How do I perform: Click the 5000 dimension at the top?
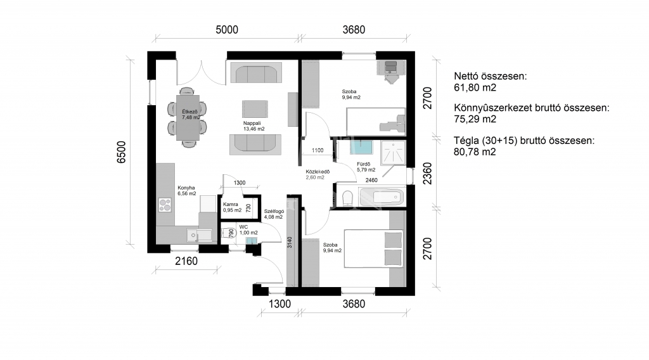pos(227,30)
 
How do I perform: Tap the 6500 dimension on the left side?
pos(121,152)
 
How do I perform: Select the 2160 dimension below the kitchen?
pos(186,261)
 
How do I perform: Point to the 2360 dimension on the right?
pos(428,174)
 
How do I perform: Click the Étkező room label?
pos(190,112)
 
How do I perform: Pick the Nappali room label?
pos(252,124)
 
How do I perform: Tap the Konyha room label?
pos(186,188)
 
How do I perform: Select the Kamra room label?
pos(231,205)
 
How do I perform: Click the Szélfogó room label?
pos(274,212)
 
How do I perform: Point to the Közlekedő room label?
pos(318,172)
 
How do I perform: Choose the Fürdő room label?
pos(363,164)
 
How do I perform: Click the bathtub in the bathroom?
pos(381,197)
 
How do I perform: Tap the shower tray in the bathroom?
pos(393,152)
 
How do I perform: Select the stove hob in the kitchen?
pos(165,205)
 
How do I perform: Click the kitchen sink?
pos(198,235)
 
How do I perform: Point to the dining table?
pos(188,118)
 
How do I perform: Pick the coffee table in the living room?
pos(255,109)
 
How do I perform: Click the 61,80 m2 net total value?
pos(475,87)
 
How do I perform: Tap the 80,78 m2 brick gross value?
pos(475,152)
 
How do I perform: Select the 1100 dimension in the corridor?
pos(318,150)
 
